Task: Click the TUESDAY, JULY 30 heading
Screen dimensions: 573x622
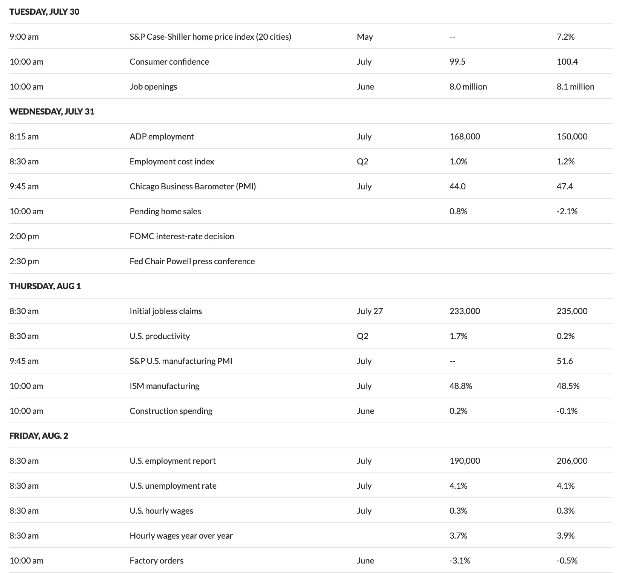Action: click(x=45, y=12)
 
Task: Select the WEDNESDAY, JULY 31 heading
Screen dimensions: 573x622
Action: click(x=52, y=112)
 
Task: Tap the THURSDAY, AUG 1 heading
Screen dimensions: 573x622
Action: click(x=45, y=286)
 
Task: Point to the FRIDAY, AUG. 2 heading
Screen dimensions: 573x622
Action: click(x=39, y=436)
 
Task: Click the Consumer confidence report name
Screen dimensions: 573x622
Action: click(x=169, y=62)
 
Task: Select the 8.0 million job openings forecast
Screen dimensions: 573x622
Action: click(x=468, y=87)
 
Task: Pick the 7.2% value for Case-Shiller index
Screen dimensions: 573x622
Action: click(x=565, y=37)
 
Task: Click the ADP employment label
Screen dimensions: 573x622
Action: click(x=162, y=136)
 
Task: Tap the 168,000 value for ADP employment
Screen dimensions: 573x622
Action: click(x=465, y=136)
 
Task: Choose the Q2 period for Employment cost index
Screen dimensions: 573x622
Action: click(x=362, y=161)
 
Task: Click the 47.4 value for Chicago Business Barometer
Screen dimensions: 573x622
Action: click(x=565, y=186)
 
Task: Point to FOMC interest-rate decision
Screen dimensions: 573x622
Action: click(x=182, y=236)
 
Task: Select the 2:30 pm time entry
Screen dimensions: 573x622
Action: click(x=24, y=261)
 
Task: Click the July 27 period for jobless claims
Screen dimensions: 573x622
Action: click(x=370, y=311)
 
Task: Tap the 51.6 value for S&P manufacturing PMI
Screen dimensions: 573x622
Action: click(x=565, y=361)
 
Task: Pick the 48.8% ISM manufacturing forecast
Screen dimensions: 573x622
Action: click(x=460, y=386)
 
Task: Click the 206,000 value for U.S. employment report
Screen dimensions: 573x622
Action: click(x=572, y=461)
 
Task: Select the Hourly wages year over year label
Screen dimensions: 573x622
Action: click(x=181, y=536)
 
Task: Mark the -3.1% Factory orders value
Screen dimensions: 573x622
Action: click(x=460, y=561)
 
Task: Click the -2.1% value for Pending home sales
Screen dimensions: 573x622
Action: click(x=567, y=211)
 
